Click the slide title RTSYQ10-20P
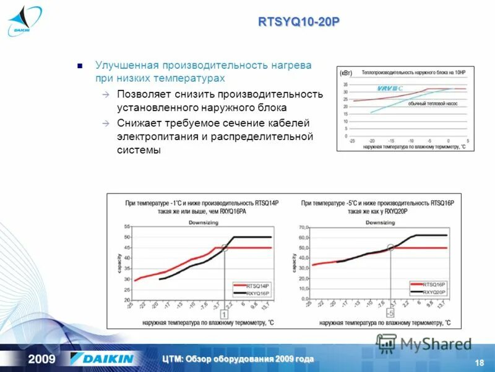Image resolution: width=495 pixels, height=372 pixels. [298, 22]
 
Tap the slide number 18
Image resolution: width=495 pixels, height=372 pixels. [478, 363]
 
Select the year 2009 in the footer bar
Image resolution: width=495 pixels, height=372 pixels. [41, 359]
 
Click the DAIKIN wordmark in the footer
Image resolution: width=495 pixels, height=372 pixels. [102, 359]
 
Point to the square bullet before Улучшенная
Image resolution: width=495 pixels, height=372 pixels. [79, 65]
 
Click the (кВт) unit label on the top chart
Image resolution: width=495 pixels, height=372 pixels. [345, 73]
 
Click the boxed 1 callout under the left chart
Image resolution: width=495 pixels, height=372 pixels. [223, 314]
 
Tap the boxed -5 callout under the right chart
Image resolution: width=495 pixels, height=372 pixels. [390, 314]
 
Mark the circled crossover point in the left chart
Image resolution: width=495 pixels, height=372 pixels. [224, 247]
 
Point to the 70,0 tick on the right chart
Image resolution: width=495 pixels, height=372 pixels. [303, 228]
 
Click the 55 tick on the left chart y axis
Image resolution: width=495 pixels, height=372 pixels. [127, 227]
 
